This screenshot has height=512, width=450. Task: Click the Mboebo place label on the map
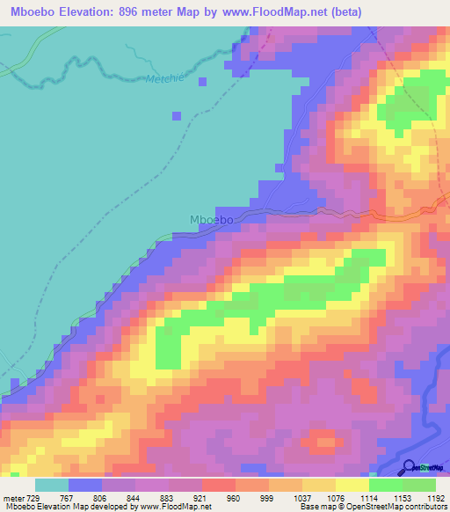pos(211,220)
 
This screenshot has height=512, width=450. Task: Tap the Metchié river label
pos(161,77)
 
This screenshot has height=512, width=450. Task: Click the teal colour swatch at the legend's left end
pos(51,486)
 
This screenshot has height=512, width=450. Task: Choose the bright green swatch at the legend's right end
pos(418,486)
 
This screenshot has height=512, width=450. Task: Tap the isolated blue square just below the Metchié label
pos(203,82)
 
